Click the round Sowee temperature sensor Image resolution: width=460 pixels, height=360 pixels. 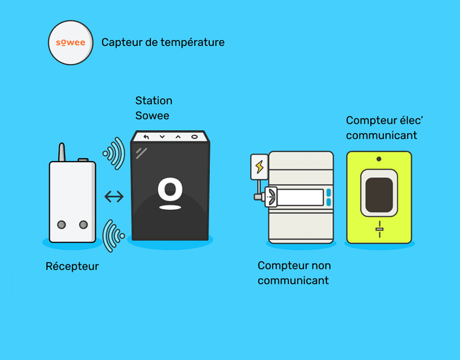70,42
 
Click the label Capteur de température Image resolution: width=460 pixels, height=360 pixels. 163,42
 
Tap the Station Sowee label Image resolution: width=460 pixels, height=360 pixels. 154,108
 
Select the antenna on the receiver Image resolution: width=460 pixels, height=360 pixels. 62,152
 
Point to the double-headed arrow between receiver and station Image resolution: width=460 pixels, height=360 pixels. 113,196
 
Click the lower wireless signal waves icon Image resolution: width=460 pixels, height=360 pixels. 114,234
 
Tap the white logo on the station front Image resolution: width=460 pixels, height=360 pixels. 170,193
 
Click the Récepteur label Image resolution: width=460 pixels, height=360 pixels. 72,267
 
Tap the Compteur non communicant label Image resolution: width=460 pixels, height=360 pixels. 294,273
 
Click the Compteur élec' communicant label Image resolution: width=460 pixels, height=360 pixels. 382,127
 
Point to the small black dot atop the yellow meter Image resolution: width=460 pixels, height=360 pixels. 379,157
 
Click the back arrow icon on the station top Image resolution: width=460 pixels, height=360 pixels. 147,137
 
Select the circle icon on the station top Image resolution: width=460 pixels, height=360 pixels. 194,137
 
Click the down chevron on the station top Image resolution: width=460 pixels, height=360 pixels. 162,137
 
